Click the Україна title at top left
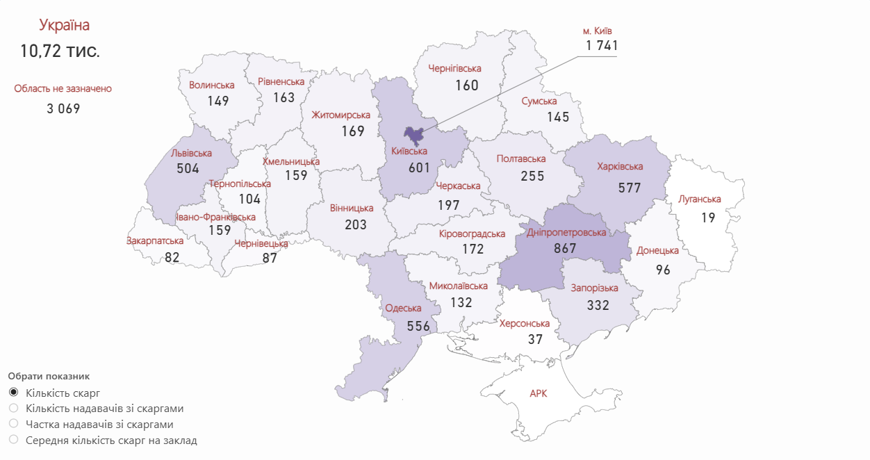64,26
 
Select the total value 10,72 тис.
60,51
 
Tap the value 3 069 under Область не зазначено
64,108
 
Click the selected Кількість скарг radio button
13,393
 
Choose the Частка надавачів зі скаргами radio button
13,424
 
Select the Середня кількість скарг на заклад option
13,440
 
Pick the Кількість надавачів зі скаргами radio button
13,409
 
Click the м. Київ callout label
597,31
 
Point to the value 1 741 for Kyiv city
601,46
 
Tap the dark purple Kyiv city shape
416,135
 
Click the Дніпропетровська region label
566,232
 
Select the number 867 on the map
565,248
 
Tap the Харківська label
620,167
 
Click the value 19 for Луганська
707,217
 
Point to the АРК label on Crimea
538,393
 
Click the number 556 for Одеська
418,326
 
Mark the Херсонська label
524,324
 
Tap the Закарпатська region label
155,241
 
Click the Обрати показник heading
49,376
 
